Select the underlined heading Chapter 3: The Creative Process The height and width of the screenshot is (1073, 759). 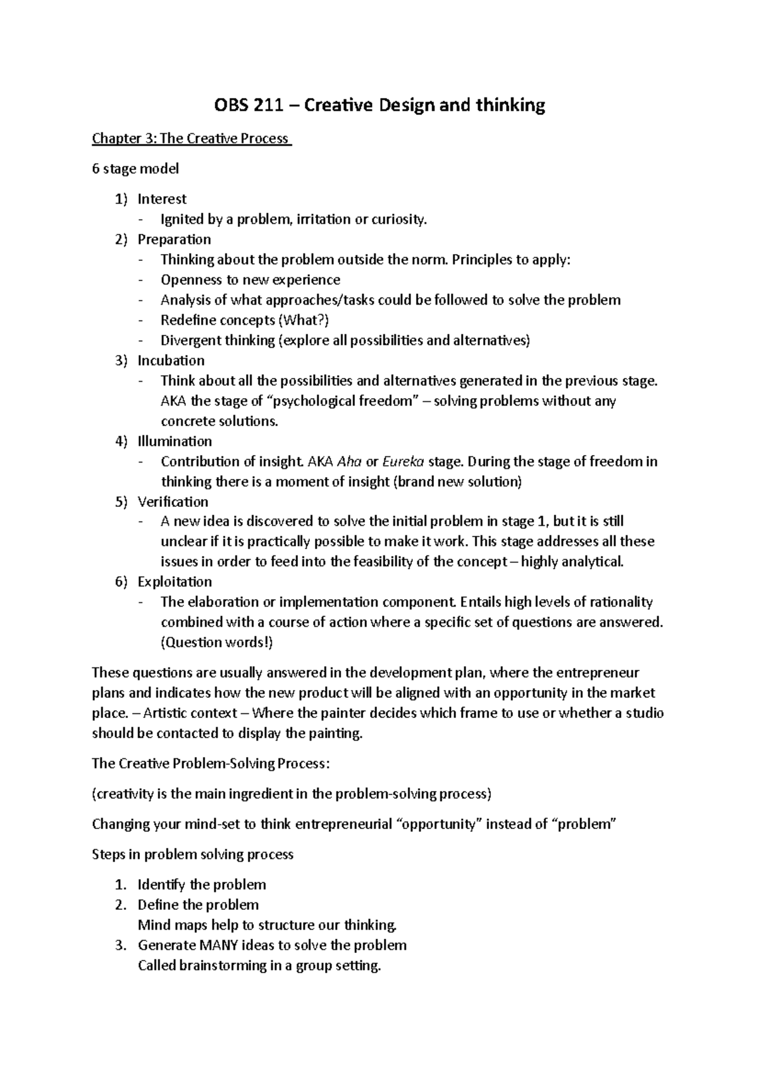[x=190, y=138]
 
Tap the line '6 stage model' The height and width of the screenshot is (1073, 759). [x=135, y=169]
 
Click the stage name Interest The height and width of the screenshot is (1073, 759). [x=162, y=199]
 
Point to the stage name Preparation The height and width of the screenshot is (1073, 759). [x=174, y=239]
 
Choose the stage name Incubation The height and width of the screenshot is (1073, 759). [x=171, y=361]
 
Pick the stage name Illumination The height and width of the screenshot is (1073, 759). [x=175, y=441]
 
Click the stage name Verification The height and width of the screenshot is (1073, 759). [x=173, y=502]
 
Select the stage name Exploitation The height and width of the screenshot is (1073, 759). [x=175, y=582]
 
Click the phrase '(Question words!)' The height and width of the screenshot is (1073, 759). [x=217, y=643]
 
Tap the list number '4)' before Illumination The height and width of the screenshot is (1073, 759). [x=121, y=441]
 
